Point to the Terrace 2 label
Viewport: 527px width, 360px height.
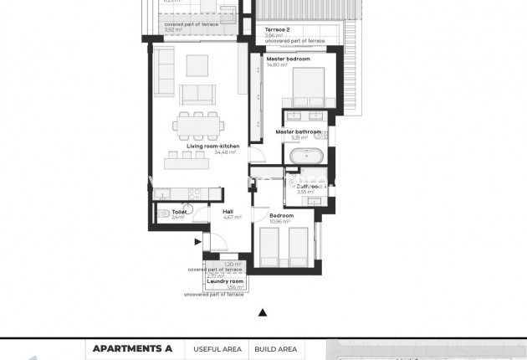[x=277, y=29]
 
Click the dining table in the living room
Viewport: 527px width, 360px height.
[x=199, y=125]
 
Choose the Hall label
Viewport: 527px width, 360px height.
[x=228, y=211]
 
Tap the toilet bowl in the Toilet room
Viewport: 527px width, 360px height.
[x=164, y=213]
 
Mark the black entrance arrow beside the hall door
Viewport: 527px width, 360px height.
[x=197, y=242]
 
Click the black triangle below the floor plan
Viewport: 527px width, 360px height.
[x=263, y=312]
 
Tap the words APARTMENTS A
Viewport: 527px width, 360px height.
[x=132, y=348]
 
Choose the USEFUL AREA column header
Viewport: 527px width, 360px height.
[x=217, y=348]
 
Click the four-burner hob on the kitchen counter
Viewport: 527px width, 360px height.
[x=192, y=191]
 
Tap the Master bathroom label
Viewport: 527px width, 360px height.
[x=299, y=131]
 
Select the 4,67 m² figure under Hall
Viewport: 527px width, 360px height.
[x=233, y=217]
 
